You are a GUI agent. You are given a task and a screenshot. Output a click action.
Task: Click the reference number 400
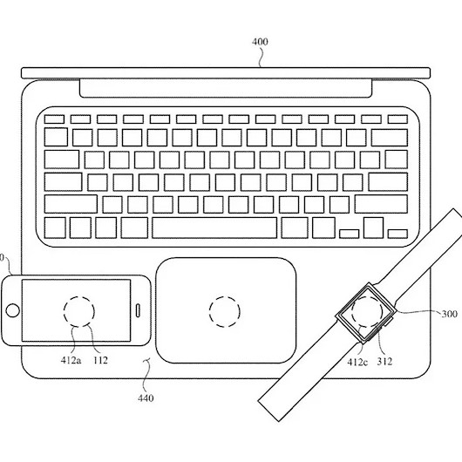pyautogui.click(x=260, y=42)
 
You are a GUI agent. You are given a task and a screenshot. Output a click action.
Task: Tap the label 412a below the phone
pyautogui.click(x=71, y=360)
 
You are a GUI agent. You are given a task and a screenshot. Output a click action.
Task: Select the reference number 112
pyautogui.click(x=100, y=360)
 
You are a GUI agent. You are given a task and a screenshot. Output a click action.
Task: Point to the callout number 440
pyautogui.click(x=146, y=398)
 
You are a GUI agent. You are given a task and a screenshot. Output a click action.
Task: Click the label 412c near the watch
pyautogui.click(x=357, y=362)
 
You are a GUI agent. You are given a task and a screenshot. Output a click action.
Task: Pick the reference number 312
pyautogui.click(x=384, y=361)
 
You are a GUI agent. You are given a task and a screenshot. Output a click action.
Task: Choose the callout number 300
pyautogui.click(x=449, y=314)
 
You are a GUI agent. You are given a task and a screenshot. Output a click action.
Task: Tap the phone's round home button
pyautogui.click(x=13, y=310)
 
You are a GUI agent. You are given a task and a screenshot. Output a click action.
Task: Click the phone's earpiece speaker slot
pyautogui.click(x=138, y=310)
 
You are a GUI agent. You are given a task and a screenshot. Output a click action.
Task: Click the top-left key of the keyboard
pyautogui.click(x=54, y=119)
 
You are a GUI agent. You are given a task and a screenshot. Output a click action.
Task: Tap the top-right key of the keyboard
pyautogui.click(x=397, y=119)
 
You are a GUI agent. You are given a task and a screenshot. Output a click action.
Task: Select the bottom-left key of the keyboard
pyautogui.click(x=55, y=228)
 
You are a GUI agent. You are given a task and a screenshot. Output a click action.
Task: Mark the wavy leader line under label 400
pyautogui.click(x=260, y=57)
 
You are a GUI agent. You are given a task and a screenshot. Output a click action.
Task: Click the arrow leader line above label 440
pyautogui.click(x=146, y=374)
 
